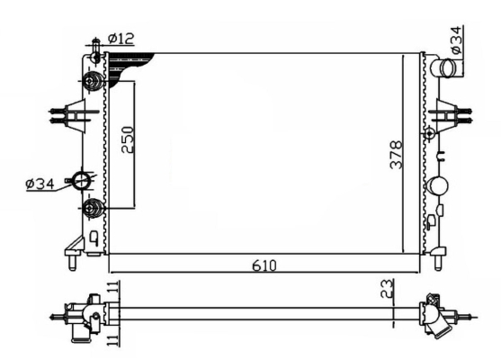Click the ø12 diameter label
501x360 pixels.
click(x=121, y=39)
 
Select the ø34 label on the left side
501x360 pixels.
click(x=41, y=184)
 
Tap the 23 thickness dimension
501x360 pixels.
click(x=386, y=289)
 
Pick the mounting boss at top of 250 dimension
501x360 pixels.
click(x=93, y=83)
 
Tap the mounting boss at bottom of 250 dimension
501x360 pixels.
click(x=92, y=210)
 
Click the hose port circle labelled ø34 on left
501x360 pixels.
click(x=84, y=181)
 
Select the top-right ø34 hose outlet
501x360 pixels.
click(x=443, y=68)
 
